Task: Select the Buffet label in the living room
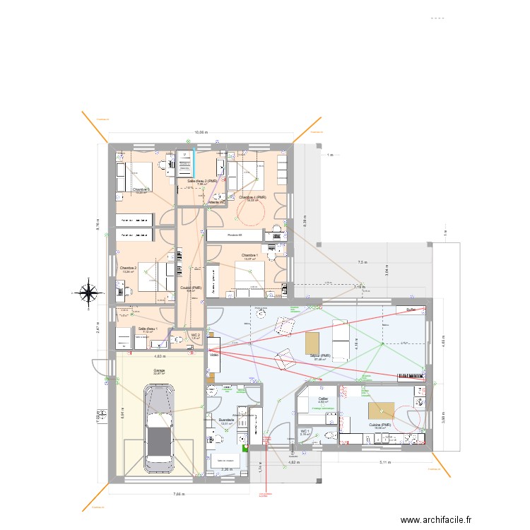411,309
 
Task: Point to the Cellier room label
323,399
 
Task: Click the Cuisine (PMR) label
379,425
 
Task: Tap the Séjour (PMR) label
321,356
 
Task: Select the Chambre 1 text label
249,255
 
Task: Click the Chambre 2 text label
128,268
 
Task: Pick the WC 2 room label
196,335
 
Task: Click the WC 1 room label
305,430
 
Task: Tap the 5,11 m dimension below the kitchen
385,462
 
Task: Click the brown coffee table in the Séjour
312,343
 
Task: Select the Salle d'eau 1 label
148,329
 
